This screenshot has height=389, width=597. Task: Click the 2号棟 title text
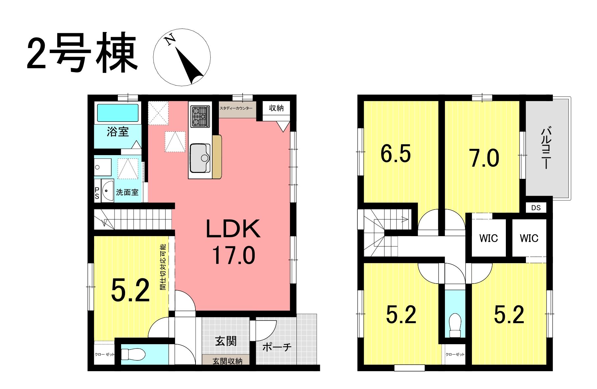(82, 53)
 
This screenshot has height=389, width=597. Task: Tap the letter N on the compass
(170, 40)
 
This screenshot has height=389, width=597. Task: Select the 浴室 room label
(117, 132)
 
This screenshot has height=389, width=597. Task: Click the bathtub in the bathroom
(117, 113)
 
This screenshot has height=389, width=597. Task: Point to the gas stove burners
(200, 117)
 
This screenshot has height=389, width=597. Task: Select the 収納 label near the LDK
(276, 108)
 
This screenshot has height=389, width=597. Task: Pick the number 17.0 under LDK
(233, 255)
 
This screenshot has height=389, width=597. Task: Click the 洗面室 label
(127, 192)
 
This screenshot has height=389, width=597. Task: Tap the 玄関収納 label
(227, 361)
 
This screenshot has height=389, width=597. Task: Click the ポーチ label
(277, 347)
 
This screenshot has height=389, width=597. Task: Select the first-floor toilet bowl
(133, 354)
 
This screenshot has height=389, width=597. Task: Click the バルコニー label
(546, 148)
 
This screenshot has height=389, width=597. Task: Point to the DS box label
(536, 208)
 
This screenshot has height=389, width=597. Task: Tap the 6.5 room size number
(396, 154)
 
